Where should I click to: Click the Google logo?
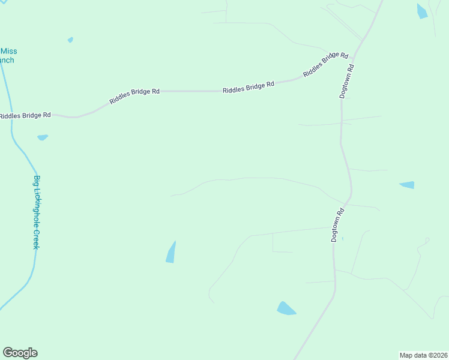[20, 353]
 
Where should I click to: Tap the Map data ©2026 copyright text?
[423, 355]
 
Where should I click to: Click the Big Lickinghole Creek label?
[37, 212]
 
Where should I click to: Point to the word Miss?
[8, 52]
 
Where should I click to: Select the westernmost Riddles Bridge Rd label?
[25, 115]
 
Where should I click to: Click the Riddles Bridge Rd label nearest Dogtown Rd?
[325, 64]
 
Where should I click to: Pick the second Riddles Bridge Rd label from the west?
[134, 96]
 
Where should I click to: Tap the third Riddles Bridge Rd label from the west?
[248, 88]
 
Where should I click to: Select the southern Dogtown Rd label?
[338, 224]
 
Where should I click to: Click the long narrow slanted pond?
[171, 252]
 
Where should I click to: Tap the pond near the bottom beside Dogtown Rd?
[286, 308]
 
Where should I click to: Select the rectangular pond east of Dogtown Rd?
[407, 185]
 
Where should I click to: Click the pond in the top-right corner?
[422, 11]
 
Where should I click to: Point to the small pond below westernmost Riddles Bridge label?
[42, 137]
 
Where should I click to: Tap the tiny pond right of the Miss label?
[70, 40]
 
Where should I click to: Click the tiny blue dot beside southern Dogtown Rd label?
[343, 239]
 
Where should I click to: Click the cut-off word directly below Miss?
[7, 60]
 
